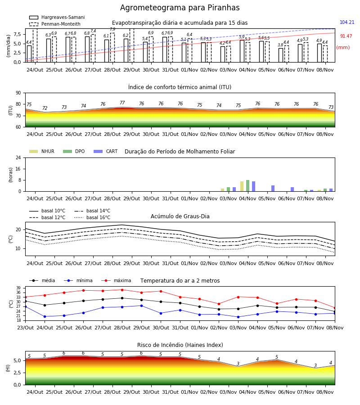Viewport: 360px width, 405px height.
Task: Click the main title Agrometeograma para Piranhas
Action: pos(180,8)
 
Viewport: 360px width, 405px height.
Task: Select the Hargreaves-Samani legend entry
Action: pos(57,17)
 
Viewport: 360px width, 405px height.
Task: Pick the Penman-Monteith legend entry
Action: pos(55,24)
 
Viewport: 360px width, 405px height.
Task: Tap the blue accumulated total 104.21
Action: pos(347,22)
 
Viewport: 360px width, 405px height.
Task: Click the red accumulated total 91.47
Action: pos(346,36)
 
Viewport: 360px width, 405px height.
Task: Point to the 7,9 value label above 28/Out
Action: pos(112,29)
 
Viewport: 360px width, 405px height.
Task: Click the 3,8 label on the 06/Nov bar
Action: pos(280,45)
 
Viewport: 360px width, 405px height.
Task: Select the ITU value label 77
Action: pos(122,103)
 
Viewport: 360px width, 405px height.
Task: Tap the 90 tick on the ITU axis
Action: pos(18,93)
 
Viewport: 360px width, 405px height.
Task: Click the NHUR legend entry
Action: pos(42,151)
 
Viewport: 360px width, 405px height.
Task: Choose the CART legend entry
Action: pos(106,151)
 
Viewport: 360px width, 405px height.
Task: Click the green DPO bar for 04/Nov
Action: pos(247,186)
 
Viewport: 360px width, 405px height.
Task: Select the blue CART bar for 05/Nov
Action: pos(273,188)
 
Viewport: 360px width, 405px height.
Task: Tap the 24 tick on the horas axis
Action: pos(18,157)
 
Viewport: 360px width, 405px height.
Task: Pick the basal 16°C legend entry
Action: pos(92,217)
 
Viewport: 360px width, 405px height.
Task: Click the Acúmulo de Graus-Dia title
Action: pos(180,216)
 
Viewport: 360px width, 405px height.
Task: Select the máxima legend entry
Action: pos(116,280)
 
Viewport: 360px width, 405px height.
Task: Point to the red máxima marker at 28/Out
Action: pos(122,290)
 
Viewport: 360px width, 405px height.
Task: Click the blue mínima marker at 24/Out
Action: pos(45,316)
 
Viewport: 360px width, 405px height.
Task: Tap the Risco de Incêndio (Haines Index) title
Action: pos(180,345)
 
